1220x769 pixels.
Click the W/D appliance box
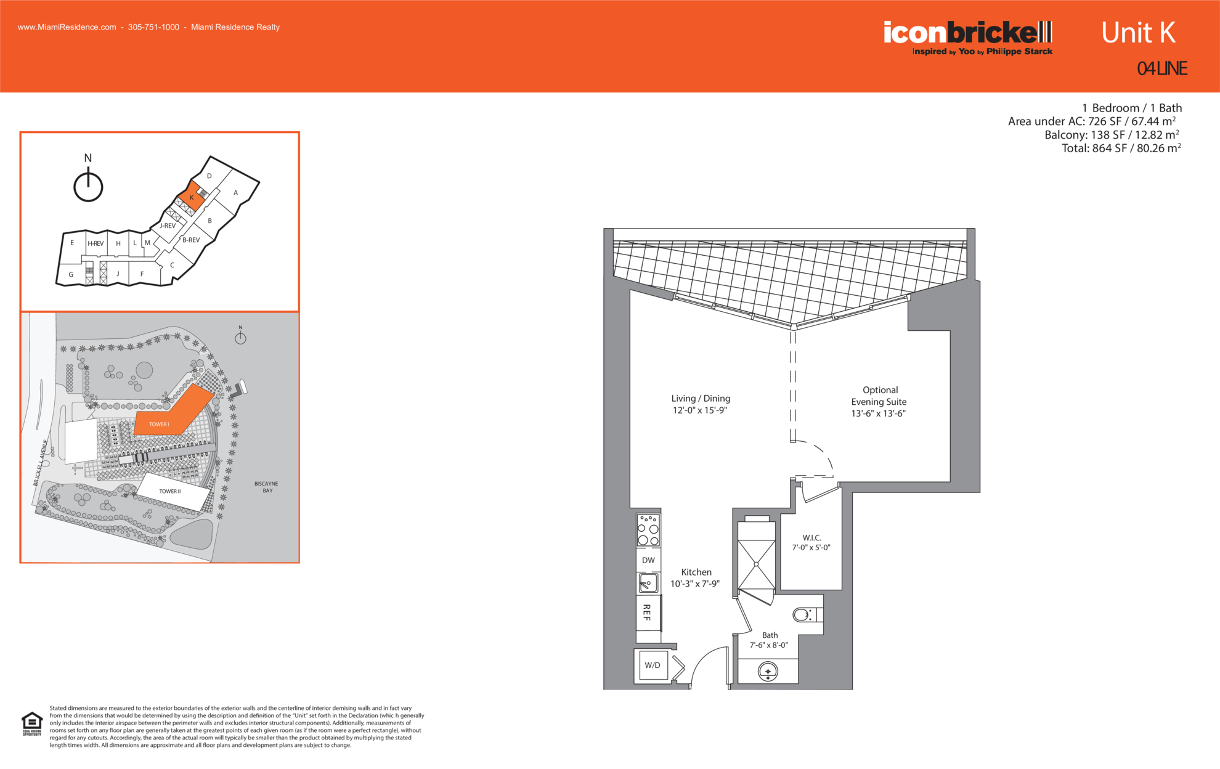pyautogui.click(x=653, y=665)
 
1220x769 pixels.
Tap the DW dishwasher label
pyautogui.click(x=648, y=560)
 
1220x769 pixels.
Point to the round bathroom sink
pyautogui.click(x=768, y=671)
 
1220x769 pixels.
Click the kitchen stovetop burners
pyautogui.click(x=648, y=531)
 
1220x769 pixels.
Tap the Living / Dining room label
pyautogui.click(x=701, y=399)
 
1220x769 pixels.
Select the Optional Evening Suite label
pyautogui.click(x=879, y=396)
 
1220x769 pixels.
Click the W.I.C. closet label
pyautogui.click(x=811, y=538)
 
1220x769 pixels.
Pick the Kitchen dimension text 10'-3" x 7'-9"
pyautogui.click(x=695, y=584)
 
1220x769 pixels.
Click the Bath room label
pyautogui.click(x=770, y=635)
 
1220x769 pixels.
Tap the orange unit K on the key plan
pyautogui.click(x=192, y=197)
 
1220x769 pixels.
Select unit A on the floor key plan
pyautogui.click(x=235, y=193)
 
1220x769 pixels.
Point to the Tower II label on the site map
pyautogui.click(x=170, y=491)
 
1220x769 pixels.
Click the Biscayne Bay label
pyautogui.click(x=266, y=487)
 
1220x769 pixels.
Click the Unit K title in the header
pyautogui.click(x=1138, y=33)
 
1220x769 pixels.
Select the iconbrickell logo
pyautogui.click(x=968, y=38)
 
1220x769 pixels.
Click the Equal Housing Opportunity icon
pyautogui.click(x=32, y=724)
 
